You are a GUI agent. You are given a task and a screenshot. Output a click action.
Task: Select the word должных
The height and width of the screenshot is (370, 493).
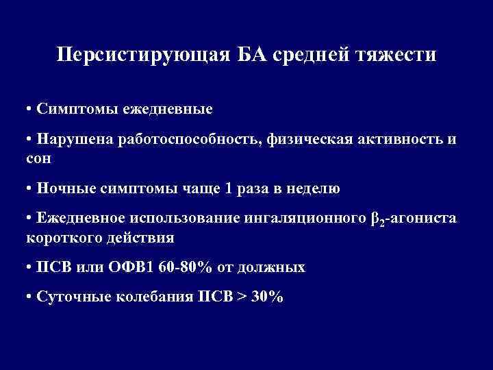(278, 268)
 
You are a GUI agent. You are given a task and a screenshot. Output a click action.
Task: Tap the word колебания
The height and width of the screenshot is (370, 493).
(160, 298)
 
